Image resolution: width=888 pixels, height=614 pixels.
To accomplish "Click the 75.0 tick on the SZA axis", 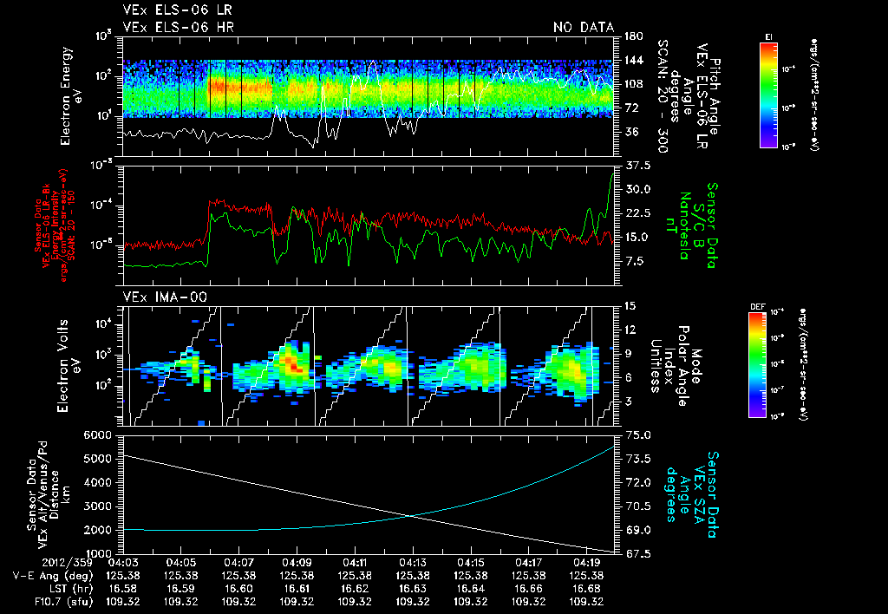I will [x=637, y=434].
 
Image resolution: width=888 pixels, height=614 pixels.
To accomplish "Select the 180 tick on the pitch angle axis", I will [x=631, y=36].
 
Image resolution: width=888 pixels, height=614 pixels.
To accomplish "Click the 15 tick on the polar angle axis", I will [x=630, y=305].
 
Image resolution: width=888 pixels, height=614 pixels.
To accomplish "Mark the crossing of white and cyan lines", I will [x=410, y=516].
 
